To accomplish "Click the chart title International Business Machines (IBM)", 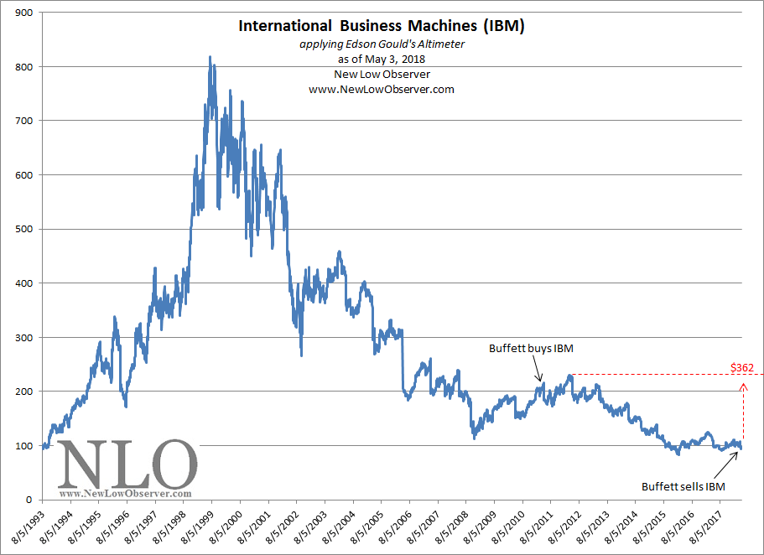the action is coord(381,25).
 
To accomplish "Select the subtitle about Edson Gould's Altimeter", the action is coord(382,44).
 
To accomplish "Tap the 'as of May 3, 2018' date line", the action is coord(382,60).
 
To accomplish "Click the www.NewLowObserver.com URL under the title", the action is coord(382,90).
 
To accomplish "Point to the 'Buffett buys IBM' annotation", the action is coord(531,349).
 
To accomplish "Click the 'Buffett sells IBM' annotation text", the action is coord(683,486).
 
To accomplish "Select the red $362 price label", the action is coord(742,367).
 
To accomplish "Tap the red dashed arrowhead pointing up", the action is coord(743,386).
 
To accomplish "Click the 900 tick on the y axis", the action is coord(23,13).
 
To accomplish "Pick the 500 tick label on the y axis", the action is coord(23,229).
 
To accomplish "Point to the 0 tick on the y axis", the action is coord(29,500).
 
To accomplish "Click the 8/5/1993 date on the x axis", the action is coord(29,525).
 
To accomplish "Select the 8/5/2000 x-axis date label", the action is coord(225,525).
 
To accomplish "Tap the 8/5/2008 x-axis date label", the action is coord(451,525).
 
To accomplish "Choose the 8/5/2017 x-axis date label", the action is coord(705,525).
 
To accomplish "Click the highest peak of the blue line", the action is coord(210,57).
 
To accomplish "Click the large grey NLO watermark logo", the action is coord(127,464).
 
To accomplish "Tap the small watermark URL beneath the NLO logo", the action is coord(125,494).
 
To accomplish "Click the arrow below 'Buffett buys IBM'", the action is coord(537,368).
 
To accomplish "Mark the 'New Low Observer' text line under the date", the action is coord(382,75).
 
